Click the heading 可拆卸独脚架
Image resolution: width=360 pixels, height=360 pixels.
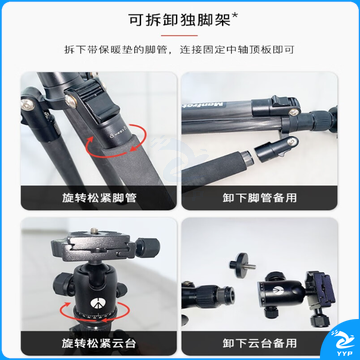pyautogui.click(x=180, y=20)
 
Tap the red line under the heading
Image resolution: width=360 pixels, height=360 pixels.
pyautogui.click(x=179, y=36)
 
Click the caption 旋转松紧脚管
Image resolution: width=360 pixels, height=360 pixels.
pyautogui.click(x=99, y=198)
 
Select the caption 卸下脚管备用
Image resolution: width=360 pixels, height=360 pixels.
pyautogui.click(x=259, y=198)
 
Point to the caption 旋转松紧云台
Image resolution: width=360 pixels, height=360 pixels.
pyautogui.click(x=99, y=343)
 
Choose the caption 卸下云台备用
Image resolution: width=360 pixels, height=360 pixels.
pyautogui.click(x=259, y=343)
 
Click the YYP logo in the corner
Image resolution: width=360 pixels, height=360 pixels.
pyautogui.click(x=342, y=343)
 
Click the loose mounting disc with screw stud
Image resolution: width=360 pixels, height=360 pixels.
pyautogui.click(x=242, y=265)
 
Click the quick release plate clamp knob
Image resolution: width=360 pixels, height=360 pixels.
pyautogui.click(x=148, y=247)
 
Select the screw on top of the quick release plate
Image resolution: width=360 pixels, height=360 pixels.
pyautogui.click(x=95, y=230)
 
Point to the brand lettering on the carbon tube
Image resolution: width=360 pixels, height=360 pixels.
pyautogui.click(x=204, y=105)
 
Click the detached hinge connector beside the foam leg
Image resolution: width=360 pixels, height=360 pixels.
pyautogui.click(x=276, y=149)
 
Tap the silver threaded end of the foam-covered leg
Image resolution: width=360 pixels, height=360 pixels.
pyautogui.click(x=247, y=158)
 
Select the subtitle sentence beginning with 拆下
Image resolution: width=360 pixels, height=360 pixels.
pyautogui.click(x=180, y=50)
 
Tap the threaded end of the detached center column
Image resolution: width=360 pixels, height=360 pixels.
pyautogui.click(x=229, y=294)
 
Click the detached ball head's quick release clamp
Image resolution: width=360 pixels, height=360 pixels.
pyautogui.click(x=320, y=287)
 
